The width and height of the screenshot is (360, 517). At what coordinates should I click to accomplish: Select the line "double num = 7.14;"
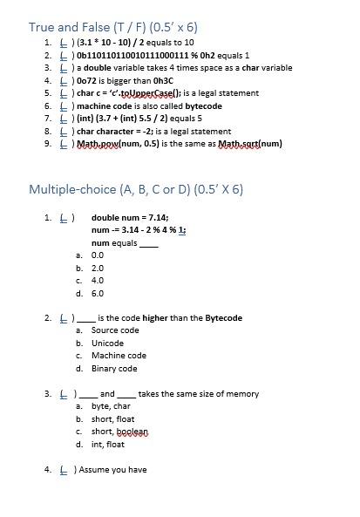pyautogui.click(x=130, y=218)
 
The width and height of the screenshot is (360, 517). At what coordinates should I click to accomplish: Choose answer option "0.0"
pyautogui.click(x=98, y=255)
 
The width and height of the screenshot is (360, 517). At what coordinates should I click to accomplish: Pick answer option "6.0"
pyautogui.click(x=98, y=294)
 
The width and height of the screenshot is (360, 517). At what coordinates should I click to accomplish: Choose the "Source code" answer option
pyautogui.click(x=115, y=330)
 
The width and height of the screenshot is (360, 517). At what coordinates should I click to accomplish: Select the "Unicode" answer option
pyautogui.click(x=107, y=344)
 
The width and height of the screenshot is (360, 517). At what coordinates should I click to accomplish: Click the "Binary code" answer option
pyautogui.click(x=114, y=369)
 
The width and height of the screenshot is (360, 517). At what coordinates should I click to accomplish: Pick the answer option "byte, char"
pyautogui.click(x=111, y=406)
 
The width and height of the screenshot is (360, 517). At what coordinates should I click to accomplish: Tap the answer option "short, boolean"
pyautogui.click(x=119, y=432)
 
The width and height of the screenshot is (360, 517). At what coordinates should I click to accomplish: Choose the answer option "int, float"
pyautogui.click(x=108, y=445)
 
